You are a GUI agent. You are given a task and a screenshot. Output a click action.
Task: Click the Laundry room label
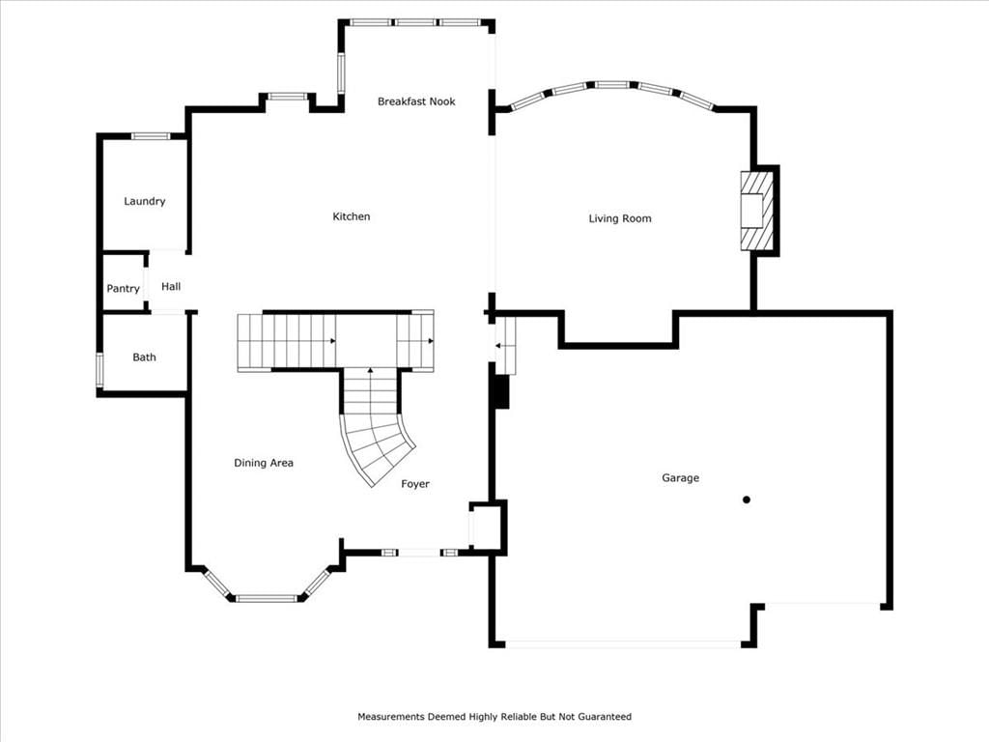click(x=145, y=201)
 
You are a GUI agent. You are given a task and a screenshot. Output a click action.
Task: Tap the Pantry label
click(x=123, y=288)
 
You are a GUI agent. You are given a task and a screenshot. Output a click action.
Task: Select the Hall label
click(x=171, y=286)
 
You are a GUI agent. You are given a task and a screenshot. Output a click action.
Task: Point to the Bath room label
click(x=145, y=357)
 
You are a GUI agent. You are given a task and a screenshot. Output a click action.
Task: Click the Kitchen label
click(x=352, y=216)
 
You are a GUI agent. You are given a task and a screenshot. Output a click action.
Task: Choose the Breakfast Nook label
click(x=416, y=101)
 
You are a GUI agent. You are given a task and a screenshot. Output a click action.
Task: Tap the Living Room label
click(x=620, y=219)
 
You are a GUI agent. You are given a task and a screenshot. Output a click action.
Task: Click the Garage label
click(x=681, y=477)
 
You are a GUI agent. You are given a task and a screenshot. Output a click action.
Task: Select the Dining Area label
click(x=264, y=463)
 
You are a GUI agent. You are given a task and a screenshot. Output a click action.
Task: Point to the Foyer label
click(x=415, y=484)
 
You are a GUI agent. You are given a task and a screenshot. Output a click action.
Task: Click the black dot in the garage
click(x=747, y=499)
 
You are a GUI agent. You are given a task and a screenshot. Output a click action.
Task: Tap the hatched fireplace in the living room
click(x=756, y=211)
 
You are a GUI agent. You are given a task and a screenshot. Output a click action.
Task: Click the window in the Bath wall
click(x=99, y=370)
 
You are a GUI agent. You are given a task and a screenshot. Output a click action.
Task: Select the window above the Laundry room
click(x=151, y=136)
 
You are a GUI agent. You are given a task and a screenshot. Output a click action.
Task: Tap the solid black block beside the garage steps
click(x=501, y=392)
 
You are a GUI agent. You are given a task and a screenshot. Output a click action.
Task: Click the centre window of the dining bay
click(x=267, y=598)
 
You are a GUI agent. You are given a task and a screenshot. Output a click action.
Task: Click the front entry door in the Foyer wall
click(x=420, y=553)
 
